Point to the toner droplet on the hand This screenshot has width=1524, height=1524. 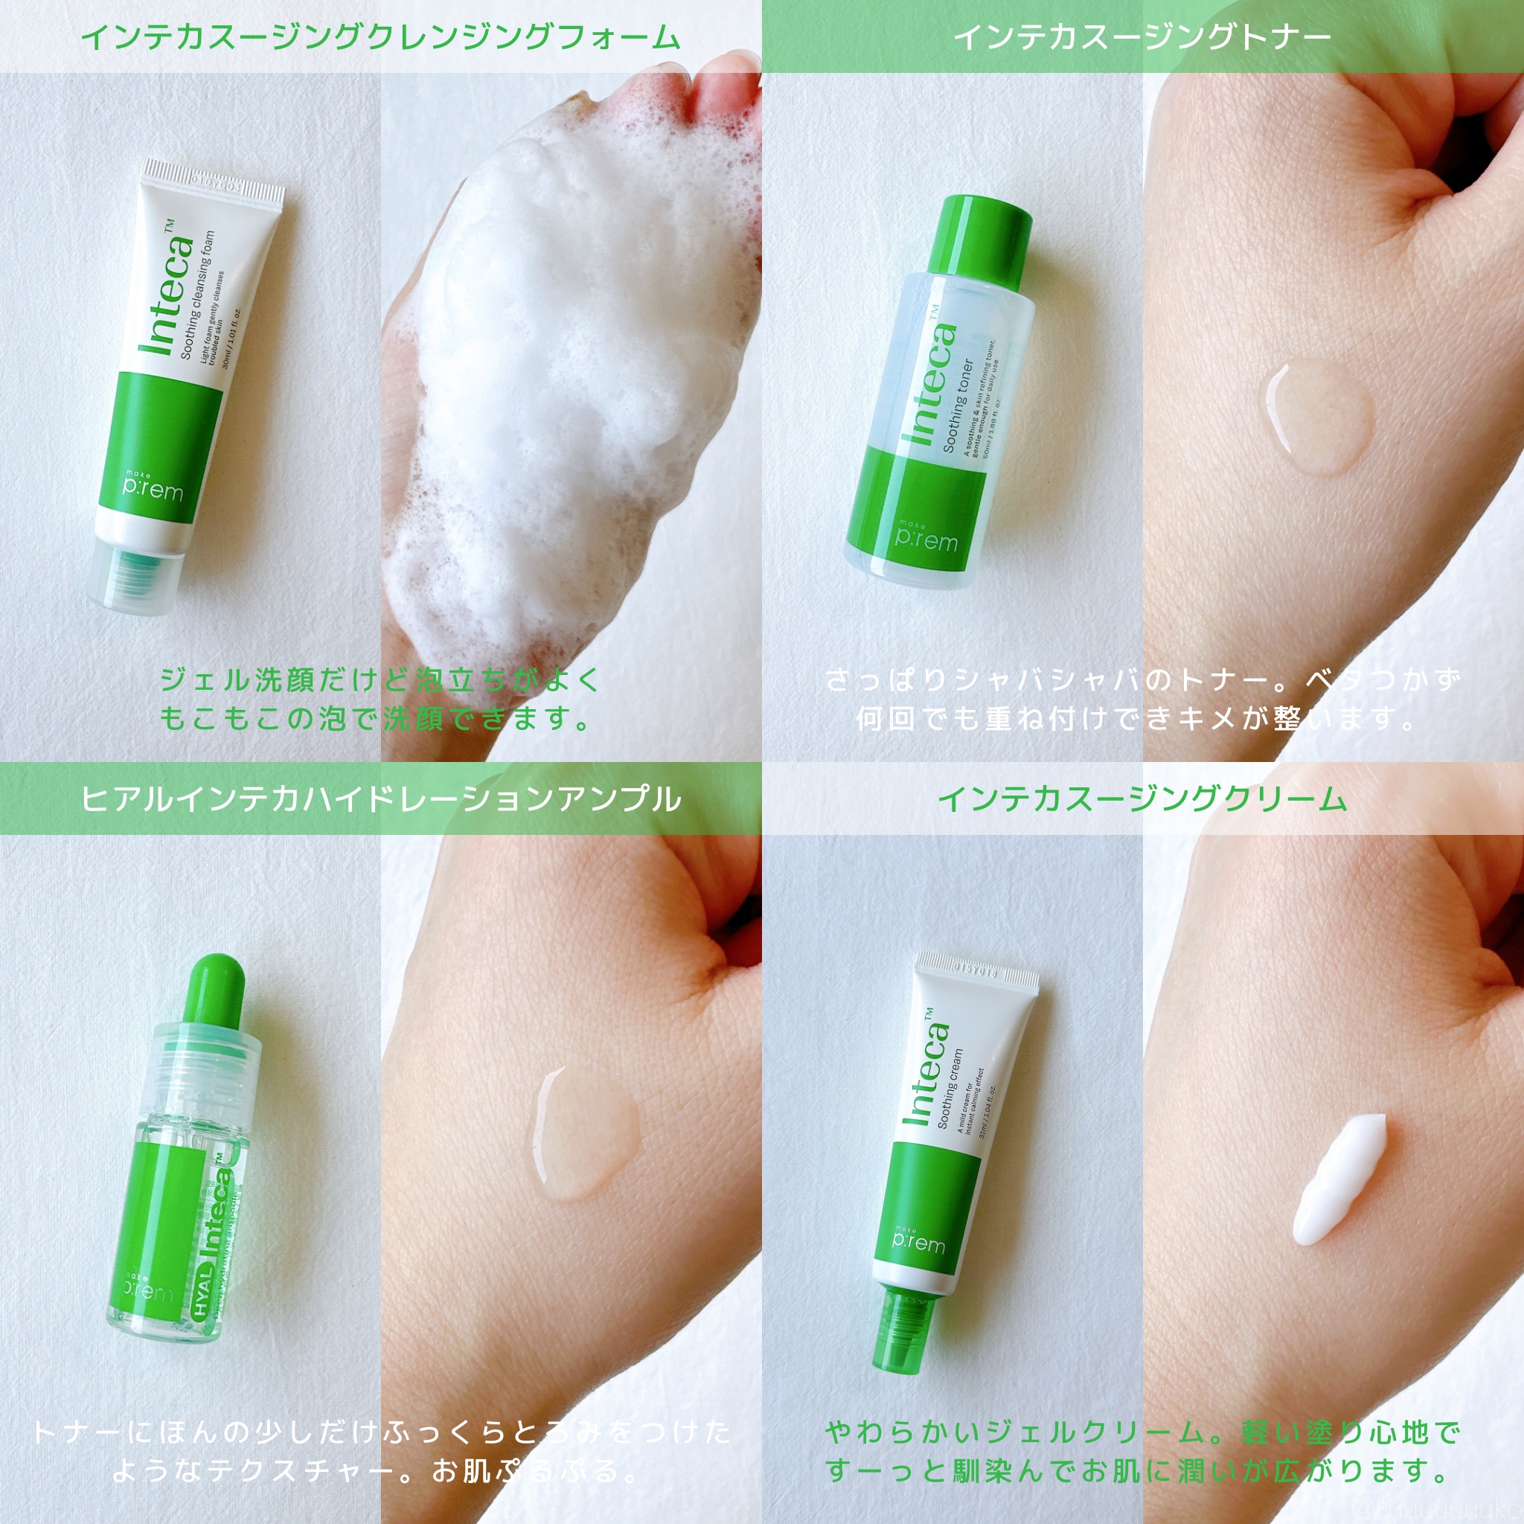(x=1317, y=417)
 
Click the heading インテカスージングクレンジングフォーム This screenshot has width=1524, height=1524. (x=380, y=37)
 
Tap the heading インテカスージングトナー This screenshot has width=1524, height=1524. (x=1142, y=37)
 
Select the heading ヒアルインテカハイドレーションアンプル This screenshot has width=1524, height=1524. (x=380, y=800)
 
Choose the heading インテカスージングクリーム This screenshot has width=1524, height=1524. (x=1142, y=800)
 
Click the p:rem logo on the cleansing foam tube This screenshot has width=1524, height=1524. (x=153, y=489)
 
